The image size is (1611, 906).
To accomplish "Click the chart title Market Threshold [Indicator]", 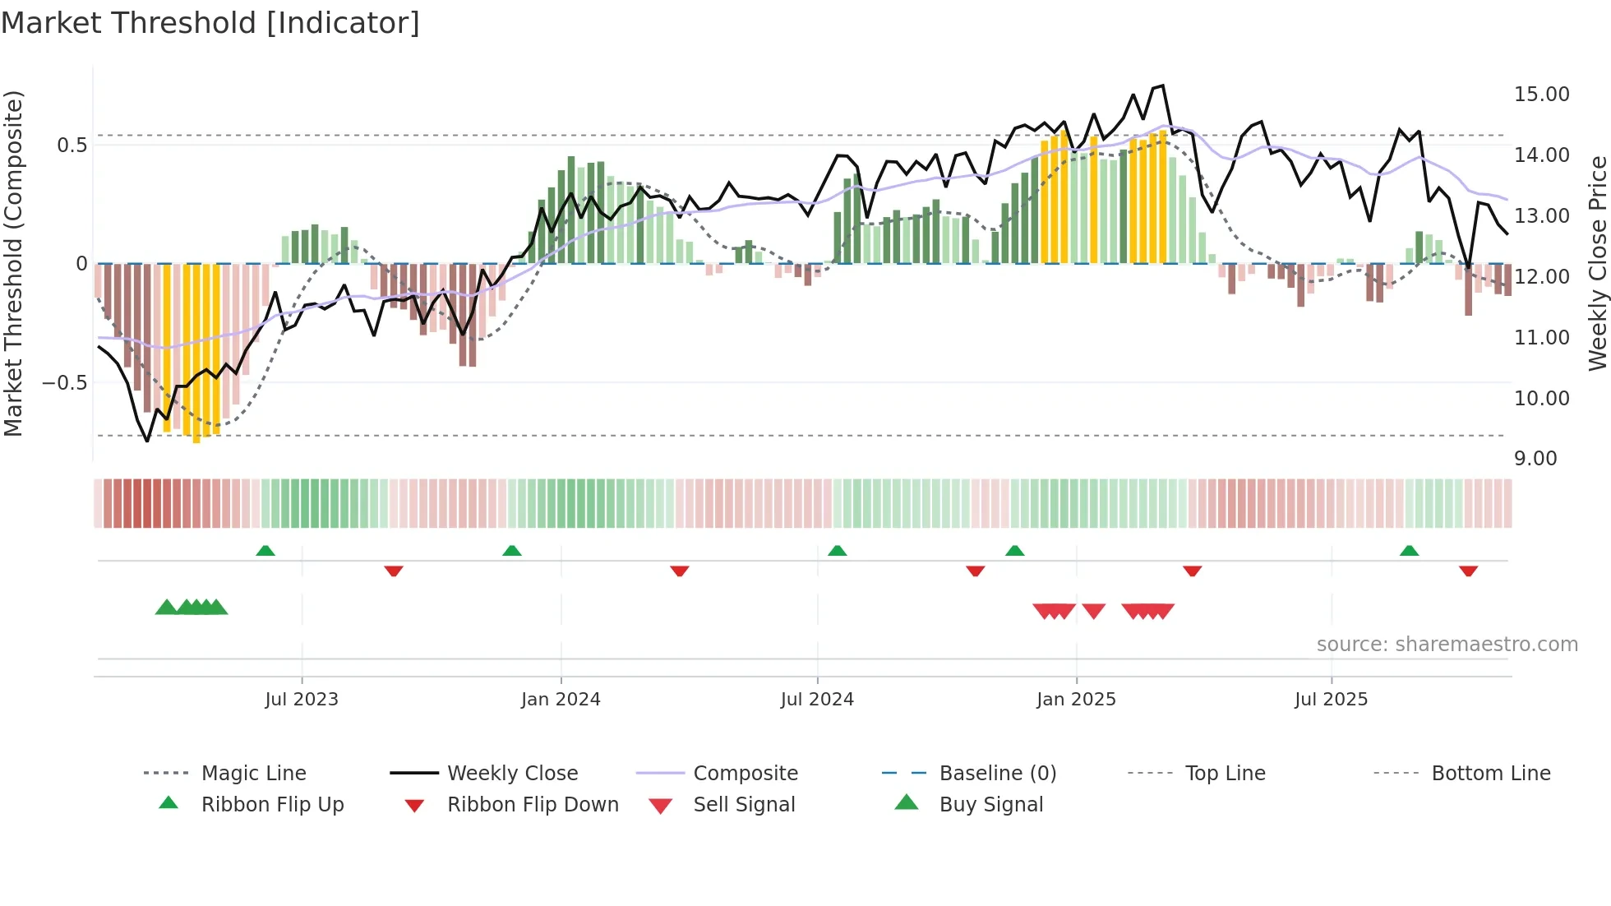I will coord(210,23).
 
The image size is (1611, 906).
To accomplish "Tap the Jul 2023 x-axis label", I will coord(302,700).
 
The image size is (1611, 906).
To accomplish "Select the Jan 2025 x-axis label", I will coord(1076,700).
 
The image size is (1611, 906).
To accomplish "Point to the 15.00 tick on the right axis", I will coord(1541,95).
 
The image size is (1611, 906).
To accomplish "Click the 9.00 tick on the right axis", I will coord(1535,459).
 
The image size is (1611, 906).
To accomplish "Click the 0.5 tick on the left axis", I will coord(72,146).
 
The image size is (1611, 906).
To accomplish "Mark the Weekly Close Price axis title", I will coord(1597,263).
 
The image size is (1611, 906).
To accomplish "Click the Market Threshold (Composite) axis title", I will coord(13,263).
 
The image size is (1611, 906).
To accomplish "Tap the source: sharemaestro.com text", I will coord(1447,645).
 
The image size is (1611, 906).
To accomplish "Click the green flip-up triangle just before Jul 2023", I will coord(265,551).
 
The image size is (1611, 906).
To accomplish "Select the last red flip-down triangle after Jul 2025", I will coord(1468,571).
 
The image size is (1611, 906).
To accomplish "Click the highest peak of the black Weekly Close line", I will coord(1162,86).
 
